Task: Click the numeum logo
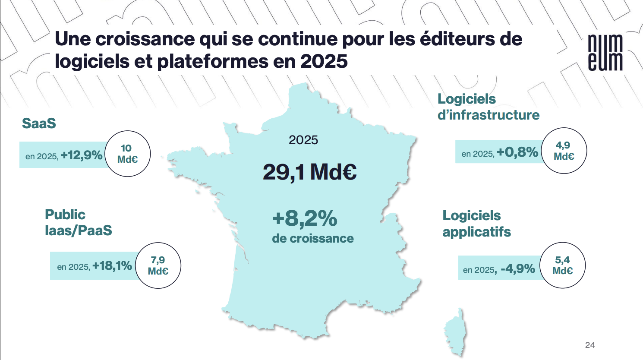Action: click(x=605, y=53)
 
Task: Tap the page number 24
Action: click(x=590, y=345)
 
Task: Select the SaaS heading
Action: click(x=39, y=123)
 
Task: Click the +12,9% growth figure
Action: click(x=82, y=155)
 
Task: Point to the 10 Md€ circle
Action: click(x=128, y=154)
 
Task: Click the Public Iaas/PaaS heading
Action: click(x=78, y=222)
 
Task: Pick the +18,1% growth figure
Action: click(x=112, y=265)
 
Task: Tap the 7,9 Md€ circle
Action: click(x=158, y=265)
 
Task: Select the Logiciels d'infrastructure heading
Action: click(x=488, y=107)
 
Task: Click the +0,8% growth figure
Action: click(x=517, y=152)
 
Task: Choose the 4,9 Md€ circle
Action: click(x=564, y=151)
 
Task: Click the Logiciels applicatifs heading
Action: click(x=476, y=224)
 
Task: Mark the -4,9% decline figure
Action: click(x=518, y=269)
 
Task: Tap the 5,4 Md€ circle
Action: click(x=562, y=265)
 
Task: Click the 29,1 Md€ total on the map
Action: click(x=309, y=172)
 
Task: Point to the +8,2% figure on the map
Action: click(x=305, y=218)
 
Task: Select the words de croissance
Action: click(x=312, y=238)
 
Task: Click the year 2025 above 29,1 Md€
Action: click(x=303, y=140)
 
